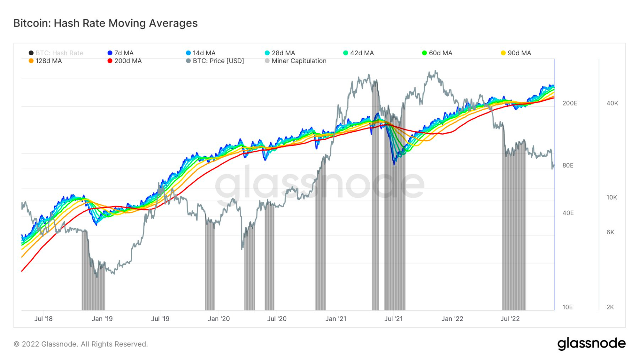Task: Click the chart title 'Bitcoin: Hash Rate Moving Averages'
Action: click(x=105, y=23)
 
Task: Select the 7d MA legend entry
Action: click(x=120, y=53)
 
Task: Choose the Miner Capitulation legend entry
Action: click(x=295, y=61)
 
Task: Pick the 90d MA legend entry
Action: click(x=516, y=53)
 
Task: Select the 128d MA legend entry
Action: click(x=45, y=61)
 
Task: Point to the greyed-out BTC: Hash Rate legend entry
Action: click(x=56, y=53)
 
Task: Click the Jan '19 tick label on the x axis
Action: click(x=102, y=319)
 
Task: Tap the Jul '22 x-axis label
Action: click(x=510, y=319)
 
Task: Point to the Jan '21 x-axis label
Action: click(x=336, y=319)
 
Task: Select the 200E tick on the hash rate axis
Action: click(x=570, y=103)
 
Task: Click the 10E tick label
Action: click(x=567, y=307)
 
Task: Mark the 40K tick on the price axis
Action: click(x=612, y=103)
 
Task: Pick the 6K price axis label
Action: click(x=610, y=232)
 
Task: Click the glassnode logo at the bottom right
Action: click(x=591, y=344)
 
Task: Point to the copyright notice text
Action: click(x=81, y=344)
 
